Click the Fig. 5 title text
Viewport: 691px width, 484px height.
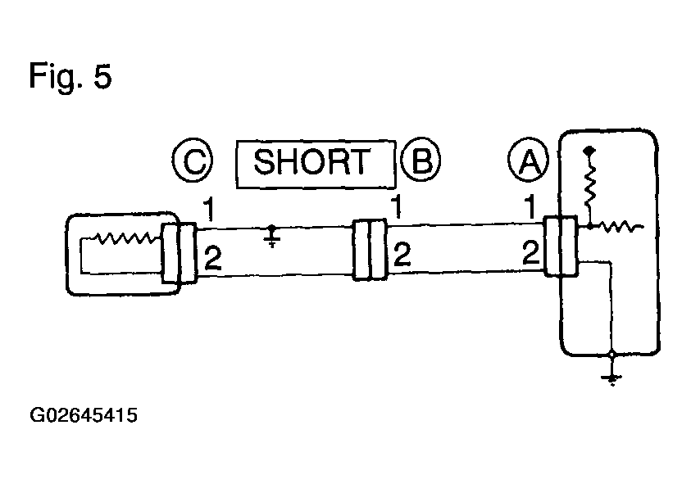coord(70,75)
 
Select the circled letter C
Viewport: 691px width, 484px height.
coord(193,160)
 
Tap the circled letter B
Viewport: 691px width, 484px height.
coord(421,160)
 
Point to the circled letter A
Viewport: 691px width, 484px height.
coord(529,160)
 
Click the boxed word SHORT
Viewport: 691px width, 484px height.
coord(316,165)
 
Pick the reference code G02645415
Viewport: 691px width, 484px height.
coord(84,415)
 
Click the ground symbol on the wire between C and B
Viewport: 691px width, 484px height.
coord(272,237)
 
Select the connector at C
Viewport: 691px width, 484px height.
coord(179,253)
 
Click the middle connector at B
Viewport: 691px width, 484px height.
coord(370,250)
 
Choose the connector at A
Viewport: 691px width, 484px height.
coord(560,247)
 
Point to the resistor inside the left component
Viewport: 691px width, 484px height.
coord(125,238)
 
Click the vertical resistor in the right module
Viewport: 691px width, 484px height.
coord(589,185)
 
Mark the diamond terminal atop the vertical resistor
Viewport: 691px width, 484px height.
coord(589,151)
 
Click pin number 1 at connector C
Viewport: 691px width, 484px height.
coord(208,209)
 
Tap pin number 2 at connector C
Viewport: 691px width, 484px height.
coord(213,259)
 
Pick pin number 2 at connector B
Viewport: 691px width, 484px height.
coord(402,254)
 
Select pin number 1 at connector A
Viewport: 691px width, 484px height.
coord(530,207)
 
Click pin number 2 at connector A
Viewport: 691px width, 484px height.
coord(531,252)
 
